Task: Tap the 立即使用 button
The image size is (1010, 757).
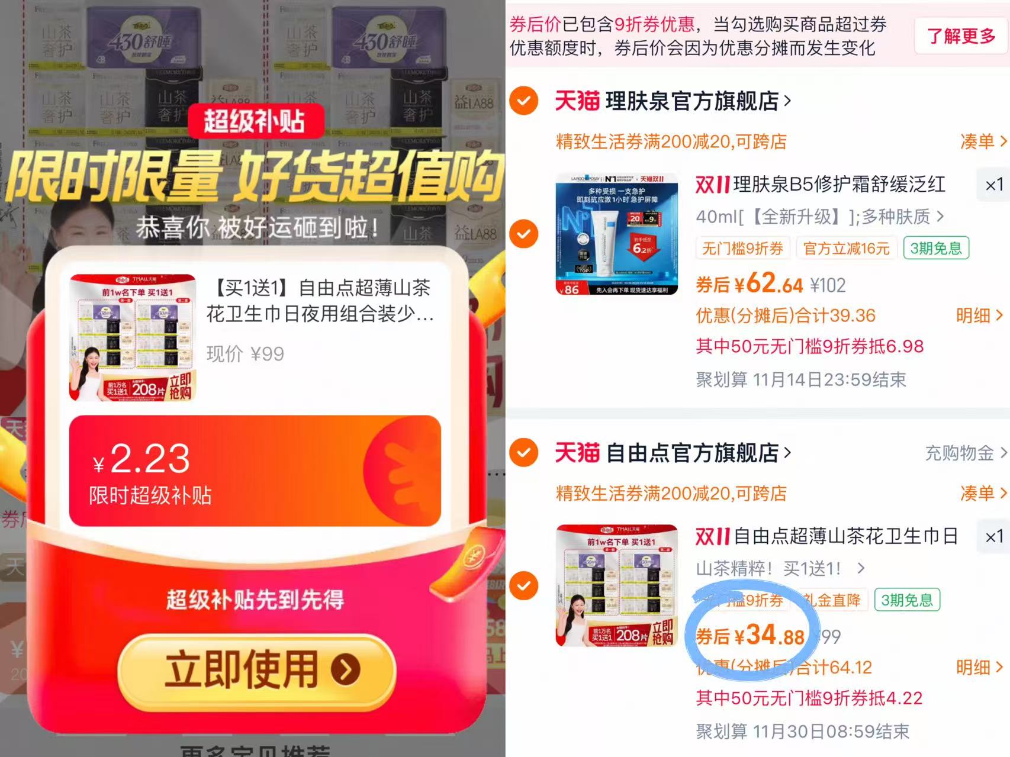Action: [x=256, y=670]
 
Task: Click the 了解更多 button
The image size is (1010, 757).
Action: [x=961, y=36]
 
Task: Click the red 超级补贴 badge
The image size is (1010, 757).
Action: [x=256, y=121]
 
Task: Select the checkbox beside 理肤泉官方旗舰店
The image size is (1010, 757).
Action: [x=524, y=101]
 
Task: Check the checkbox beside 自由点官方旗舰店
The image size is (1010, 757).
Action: [x=524, y=453]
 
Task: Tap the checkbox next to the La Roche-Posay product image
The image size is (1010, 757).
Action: [x=524, y=234]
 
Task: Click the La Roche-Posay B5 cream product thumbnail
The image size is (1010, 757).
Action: [x=616, y=234]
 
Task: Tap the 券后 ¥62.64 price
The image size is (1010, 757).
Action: [x=750, y=284]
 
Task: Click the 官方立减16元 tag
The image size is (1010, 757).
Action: [x=846, y=249]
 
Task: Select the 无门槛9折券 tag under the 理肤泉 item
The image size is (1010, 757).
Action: [x=742, y=249]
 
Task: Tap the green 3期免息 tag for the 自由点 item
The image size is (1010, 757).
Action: [x=906, y=600]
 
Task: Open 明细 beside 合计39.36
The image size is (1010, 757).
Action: [x=979, y=315]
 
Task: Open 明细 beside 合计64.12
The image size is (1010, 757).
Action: [x=979, y=668]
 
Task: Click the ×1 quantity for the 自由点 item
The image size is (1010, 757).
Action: [x=993, y=536]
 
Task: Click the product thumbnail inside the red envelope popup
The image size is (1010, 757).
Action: [x=133, y=337]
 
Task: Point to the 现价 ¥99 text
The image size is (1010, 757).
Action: [x=245, y=354]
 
